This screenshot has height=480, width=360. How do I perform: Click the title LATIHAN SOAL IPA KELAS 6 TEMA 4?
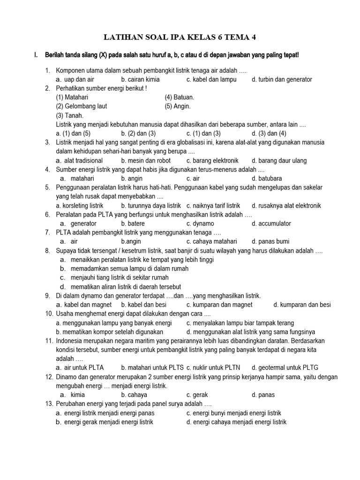[x=180, y=37]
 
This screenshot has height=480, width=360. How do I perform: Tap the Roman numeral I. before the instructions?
[x=35, y=55]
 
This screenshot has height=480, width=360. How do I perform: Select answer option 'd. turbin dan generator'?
[x=281, y=79]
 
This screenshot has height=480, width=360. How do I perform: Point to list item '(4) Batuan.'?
[x=179, y=97]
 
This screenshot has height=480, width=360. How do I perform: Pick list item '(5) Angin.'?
[x=178, y=106]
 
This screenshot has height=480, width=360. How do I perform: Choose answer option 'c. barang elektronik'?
[x=212, y=160]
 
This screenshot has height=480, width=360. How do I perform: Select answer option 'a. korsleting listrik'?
[x=80, y=205]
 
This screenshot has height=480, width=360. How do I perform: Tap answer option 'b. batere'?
[x=133, y=224]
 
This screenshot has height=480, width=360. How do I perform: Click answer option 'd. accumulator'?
[x=271, y=224]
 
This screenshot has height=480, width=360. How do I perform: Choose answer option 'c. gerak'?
[x=197, y=395]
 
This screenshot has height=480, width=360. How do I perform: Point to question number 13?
[x=49, y=404]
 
